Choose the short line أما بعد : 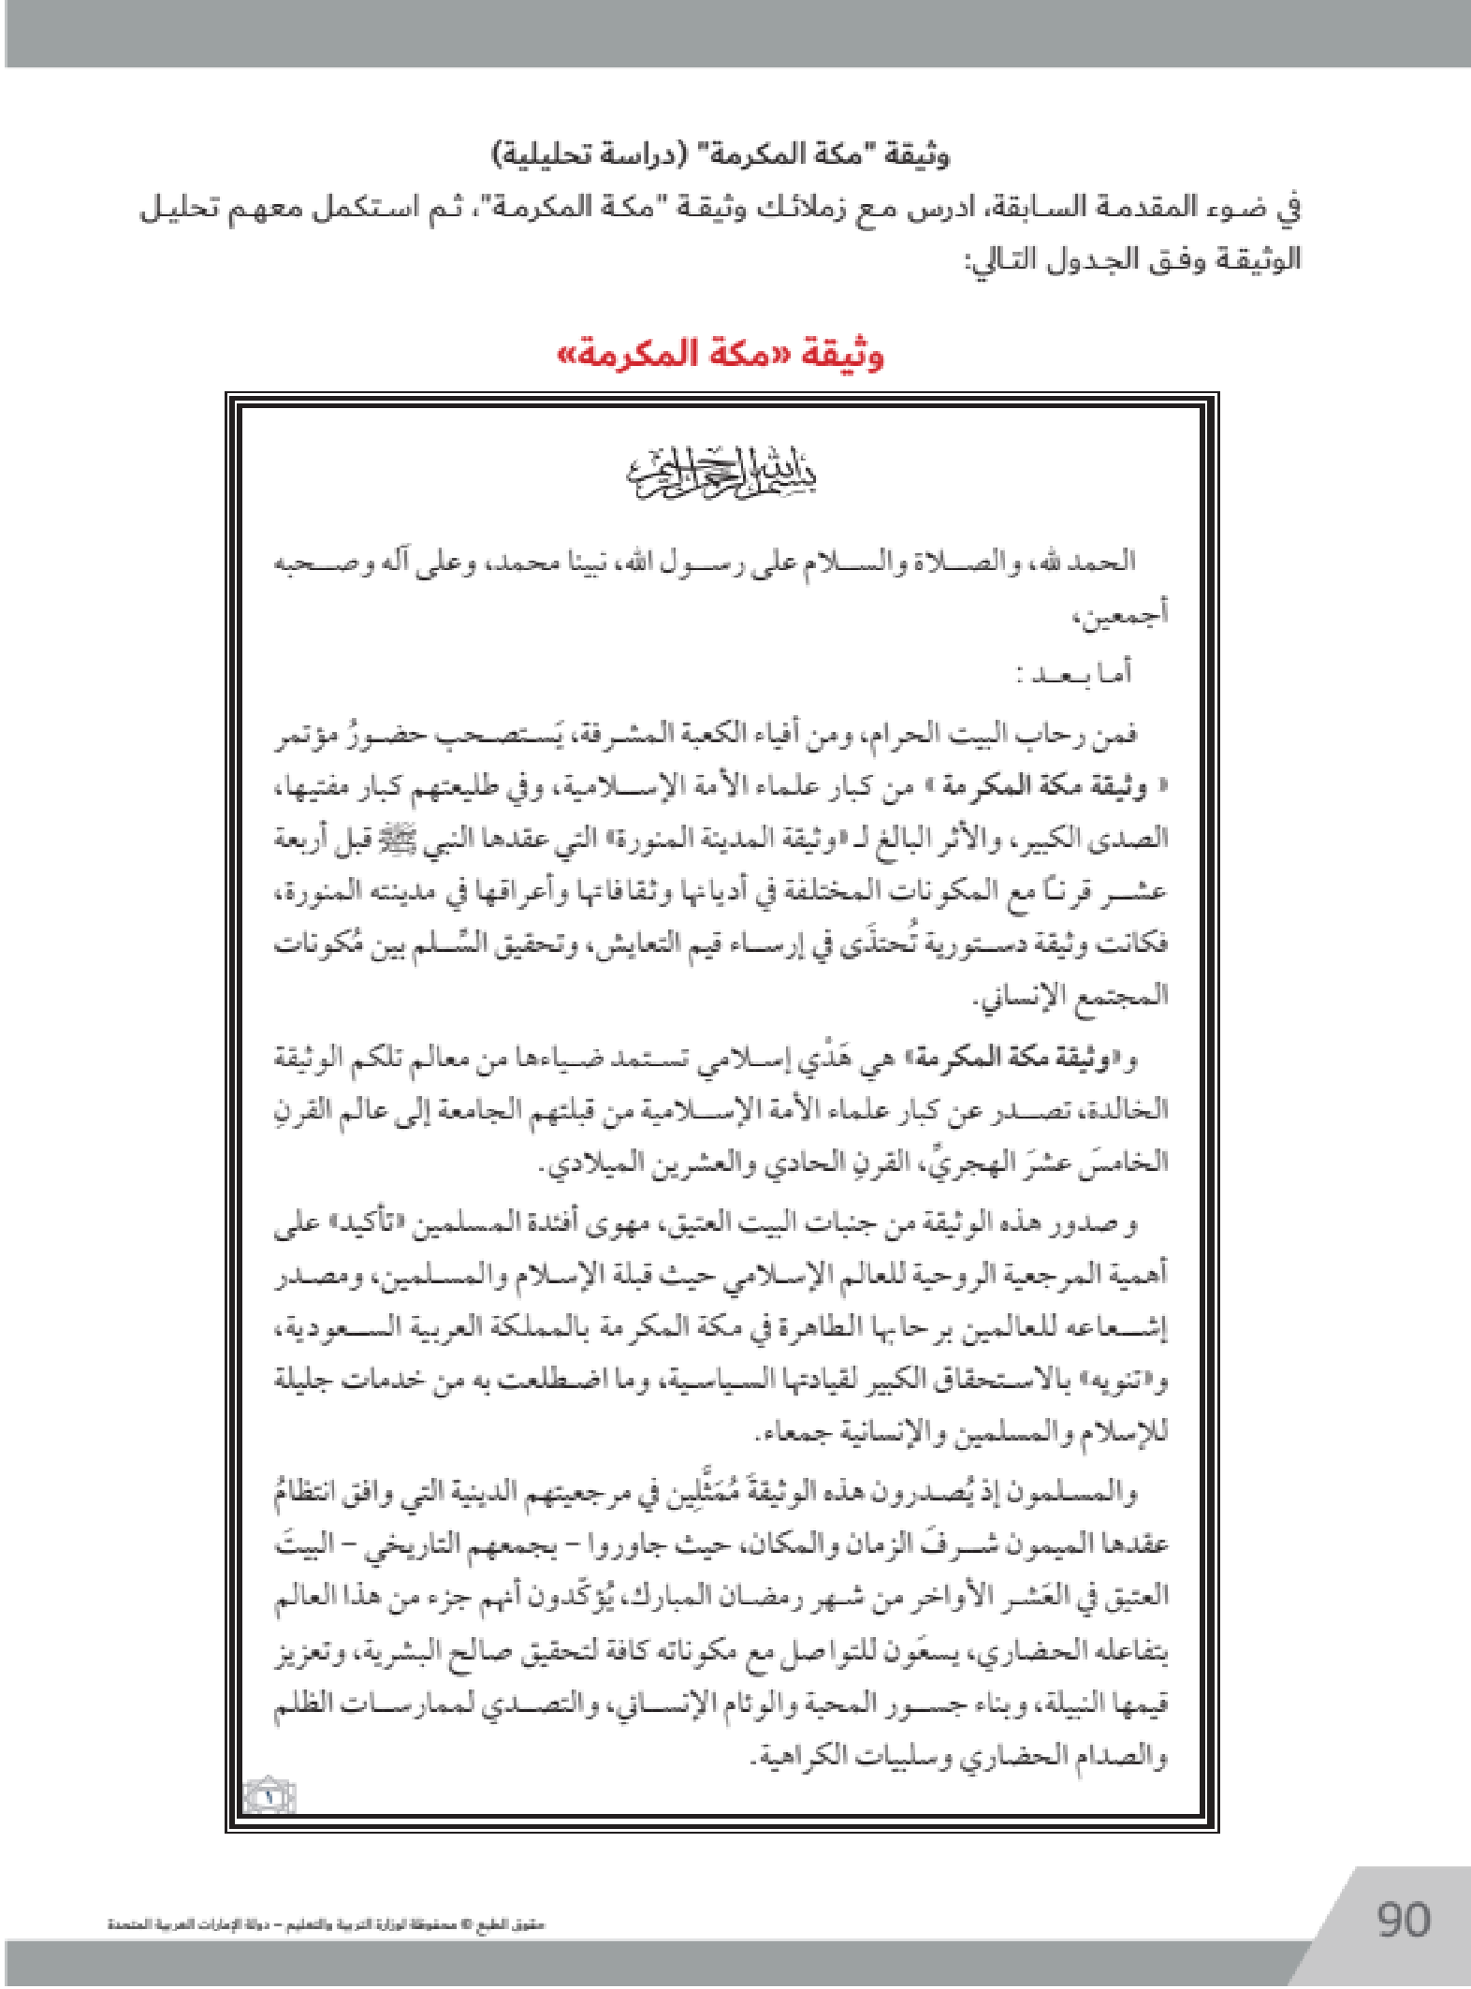(x=1074, y=674)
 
